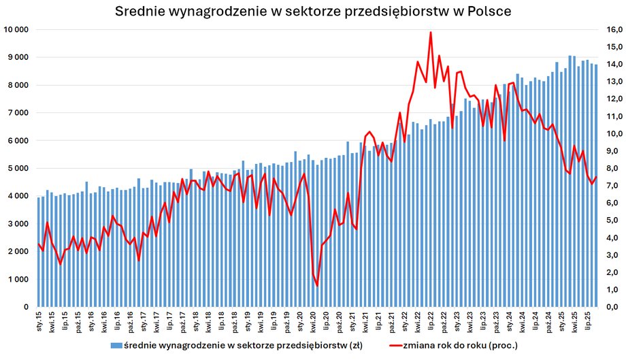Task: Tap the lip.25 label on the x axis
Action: click(x=590, y=321)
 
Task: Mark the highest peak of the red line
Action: click(x=431, y=33)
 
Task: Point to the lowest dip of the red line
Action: click(x=317, y=285)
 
